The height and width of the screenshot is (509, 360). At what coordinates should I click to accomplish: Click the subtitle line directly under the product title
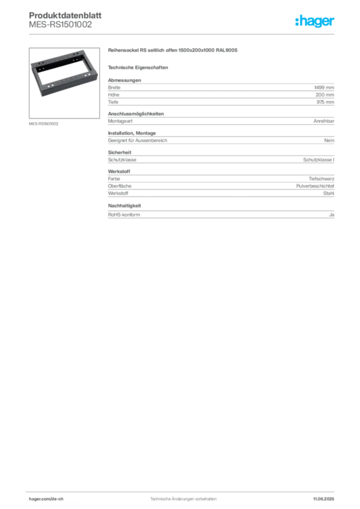pos(139,67)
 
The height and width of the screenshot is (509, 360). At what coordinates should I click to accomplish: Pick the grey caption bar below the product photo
pos(44,123)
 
